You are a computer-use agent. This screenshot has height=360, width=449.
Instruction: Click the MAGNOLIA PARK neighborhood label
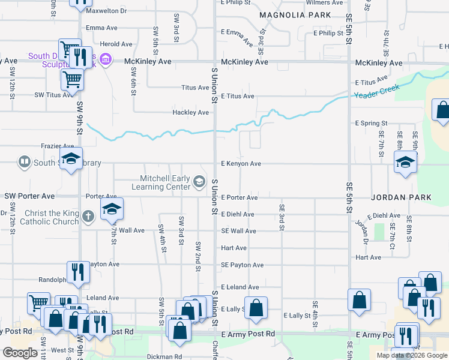click(295, 14)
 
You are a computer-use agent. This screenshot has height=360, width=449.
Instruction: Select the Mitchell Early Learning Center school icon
click(199, 181)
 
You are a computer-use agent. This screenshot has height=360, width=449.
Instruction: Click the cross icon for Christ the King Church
click(88, 215)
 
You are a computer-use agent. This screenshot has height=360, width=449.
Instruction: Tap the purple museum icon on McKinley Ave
click(106, 59)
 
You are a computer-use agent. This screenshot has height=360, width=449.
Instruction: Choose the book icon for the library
click(24, 162)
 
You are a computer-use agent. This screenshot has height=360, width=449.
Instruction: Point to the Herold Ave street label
click(116, 44)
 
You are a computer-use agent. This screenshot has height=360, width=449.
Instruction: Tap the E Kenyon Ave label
click(241, 163)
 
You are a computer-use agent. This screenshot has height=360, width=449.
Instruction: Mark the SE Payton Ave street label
click(242, 265)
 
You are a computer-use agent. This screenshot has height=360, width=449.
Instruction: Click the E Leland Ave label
click(240, 287)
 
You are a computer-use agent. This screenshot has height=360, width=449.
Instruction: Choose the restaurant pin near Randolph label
click(78, 272)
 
